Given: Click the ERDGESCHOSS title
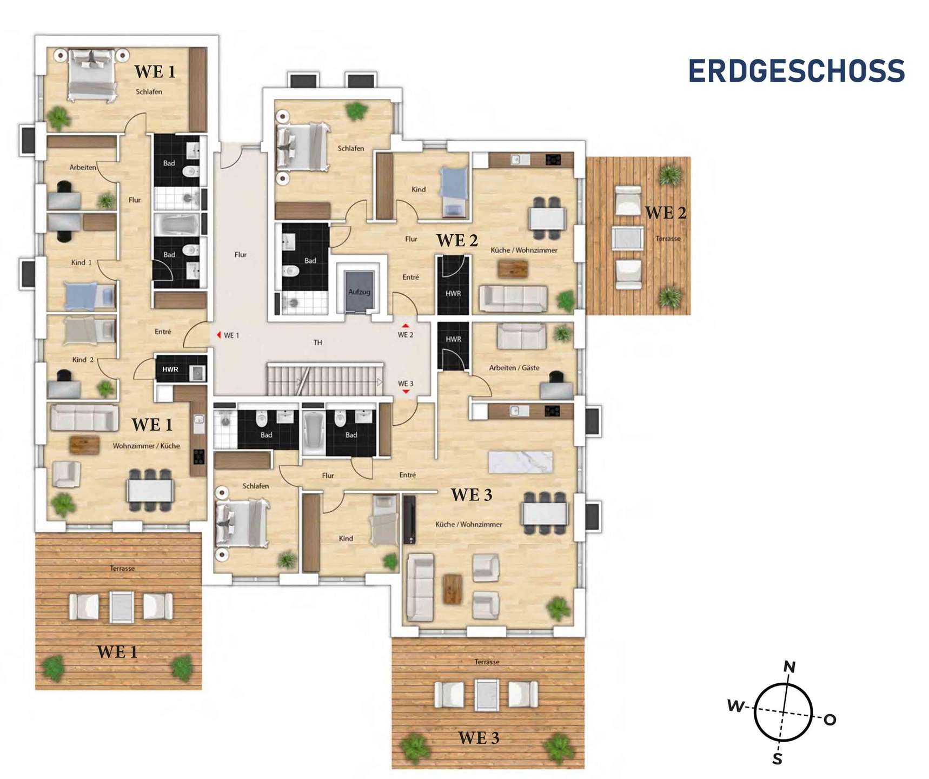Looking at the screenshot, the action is coord(796,71).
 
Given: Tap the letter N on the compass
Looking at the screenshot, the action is coord(789,667).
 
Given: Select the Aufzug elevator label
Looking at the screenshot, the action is coord(359,292).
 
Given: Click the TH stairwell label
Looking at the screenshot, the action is coord(318,342).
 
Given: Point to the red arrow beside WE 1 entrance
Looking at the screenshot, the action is coord(218,335).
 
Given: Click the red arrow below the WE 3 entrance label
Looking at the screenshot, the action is coord(406,392).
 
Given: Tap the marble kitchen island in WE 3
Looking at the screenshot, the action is coord(520,462).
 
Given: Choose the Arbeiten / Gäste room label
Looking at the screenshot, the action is coord(514,368).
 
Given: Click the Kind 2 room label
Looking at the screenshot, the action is coord(83,360).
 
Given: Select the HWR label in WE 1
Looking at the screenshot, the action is coord(170,369).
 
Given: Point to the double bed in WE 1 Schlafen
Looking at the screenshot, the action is coord(92,75).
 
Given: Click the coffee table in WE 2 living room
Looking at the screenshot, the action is coord(513,269).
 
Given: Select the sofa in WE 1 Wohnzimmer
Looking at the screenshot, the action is coord(84,418).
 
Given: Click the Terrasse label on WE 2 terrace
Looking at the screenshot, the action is coord(668,239).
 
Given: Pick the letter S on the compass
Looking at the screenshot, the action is coord(778,759).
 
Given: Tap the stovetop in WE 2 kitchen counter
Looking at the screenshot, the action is coord(553,160).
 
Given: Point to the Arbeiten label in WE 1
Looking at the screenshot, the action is coord(83,168).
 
